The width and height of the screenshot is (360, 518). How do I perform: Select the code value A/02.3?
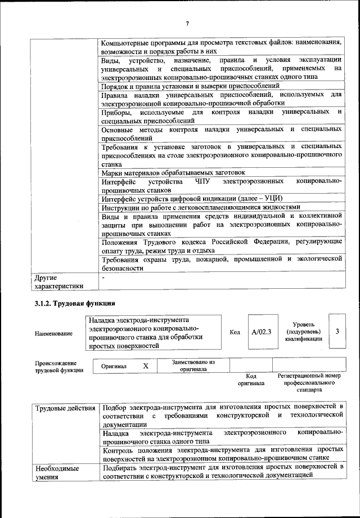(x=261, y=332)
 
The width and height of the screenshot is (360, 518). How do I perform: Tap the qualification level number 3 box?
(x=337, y=332)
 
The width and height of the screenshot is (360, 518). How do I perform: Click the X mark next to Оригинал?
(x=146, y=366)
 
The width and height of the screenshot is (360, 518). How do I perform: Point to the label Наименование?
(x=53, y=333)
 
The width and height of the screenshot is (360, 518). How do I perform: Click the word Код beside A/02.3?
(x=235, y=332)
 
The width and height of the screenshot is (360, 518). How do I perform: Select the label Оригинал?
(x=114, y=367)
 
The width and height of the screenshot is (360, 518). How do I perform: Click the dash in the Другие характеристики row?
(x=103, y=278)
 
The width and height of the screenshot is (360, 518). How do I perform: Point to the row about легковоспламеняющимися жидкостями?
(x=201, y=207)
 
